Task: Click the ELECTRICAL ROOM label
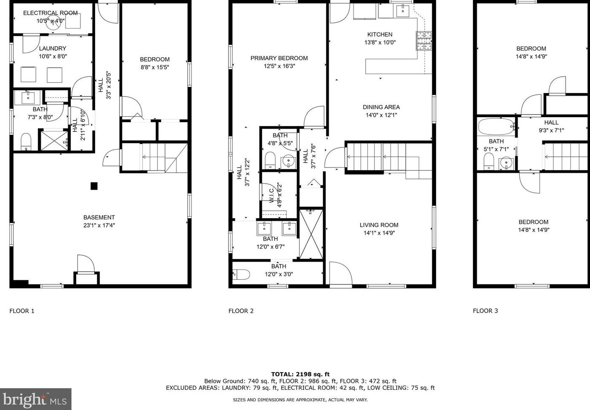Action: coord(50,13)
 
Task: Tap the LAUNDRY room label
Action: coord(53,48)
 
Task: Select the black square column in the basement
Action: coord(94,186)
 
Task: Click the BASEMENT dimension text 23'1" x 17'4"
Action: coord(99,225)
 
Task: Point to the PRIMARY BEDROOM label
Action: coord(279,58)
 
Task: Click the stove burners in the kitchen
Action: coord(424,41)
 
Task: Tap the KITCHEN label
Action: coord(380,35)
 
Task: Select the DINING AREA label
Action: coord(381,107)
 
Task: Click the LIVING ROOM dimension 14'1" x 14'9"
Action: coord(379,233)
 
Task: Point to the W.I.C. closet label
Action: coord(272,196)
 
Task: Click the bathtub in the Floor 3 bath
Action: coord(496,127)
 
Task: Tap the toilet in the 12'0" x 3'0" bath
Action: coord(241,274)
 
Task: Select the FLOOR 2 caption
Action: coord(241,311)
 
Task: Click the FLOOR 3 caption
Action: coord(486,311)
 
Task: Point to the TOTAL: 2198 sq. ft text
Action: coord(300,374)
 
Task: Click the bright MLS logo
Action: coord(35,399)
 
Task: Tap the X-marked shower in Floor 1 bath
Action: coord(54,141)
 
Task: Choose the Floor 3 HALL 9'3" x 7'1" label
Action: coord(551,126)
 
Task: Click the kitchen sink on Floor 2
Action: coord(403,11)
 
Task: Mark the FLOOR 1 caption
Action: coord(22,311)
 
